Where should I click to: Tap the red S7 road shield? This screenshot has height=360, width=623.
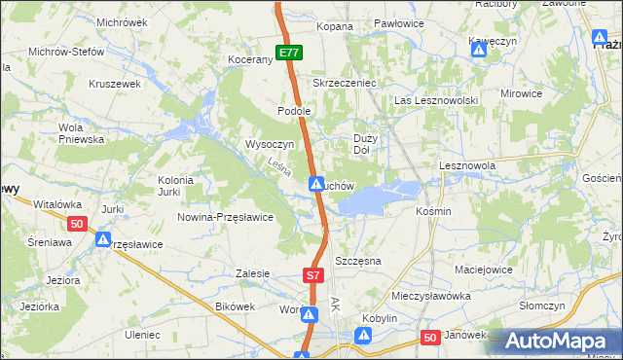point(312,276)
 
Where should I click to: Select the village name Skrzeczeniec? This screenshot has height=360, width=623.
point(344,83)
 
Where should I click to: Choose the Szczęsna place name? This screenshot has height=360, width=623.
point(357,262)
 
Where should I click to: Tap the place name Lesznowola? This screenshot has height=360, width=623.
point(468,166)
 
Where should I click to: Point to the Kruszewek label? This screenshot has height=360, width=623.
point(116,84)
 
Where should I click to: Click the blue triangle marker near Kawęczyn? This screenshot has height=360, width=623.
point(478,51)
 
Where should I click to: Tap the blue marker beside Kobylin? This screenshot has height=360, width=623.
point(364,336)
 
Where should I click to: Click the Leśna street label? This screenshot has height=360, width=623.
point(279,168)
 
